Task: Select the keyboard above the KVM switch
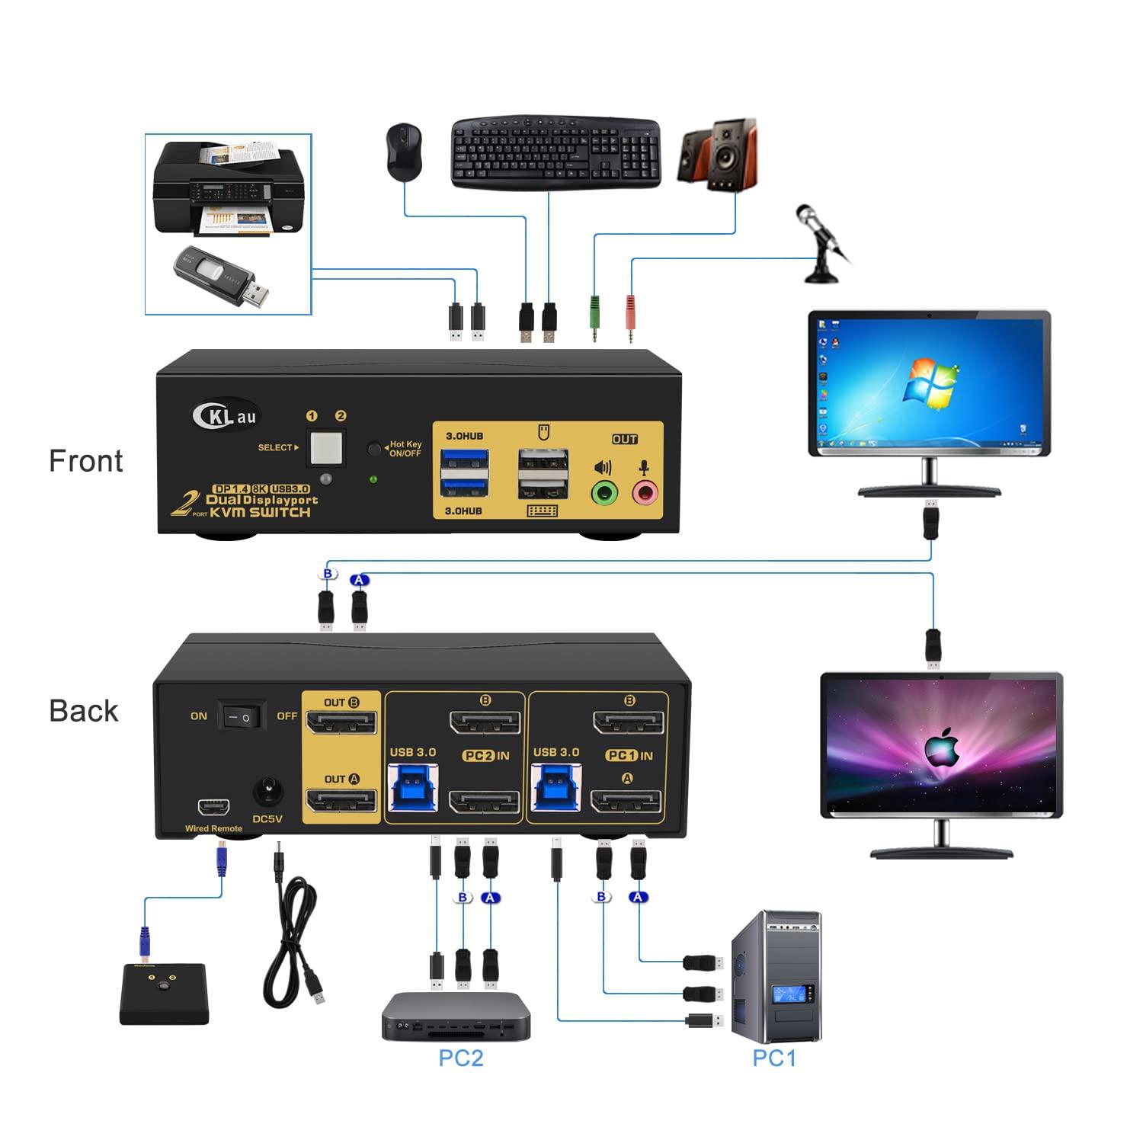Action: click(555, 152)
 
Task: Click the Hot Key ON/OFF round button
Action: click(374, 448)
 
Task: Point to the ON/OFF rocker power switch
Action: click(242, 716)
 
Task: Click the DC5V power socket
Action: click(267, 792)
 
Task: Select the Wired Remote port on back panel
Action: click(213, 806)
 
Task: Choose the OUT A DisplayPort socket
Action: click(341, 801)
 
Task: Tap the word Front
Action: click(85, 461)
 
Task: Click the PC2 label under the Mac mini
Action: click(460, 1058)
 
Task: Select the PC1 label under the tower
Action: click(774, 1058)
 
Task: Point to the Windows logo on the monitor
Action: click(929, 381)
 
